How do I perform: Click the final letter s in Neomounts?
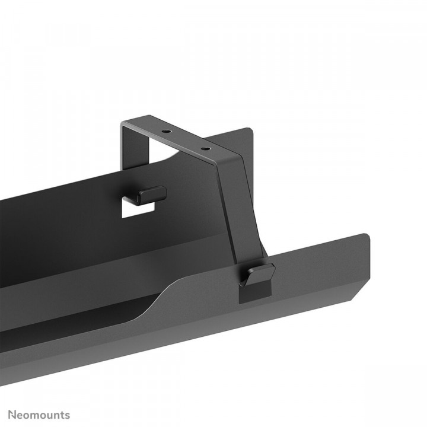click(x=67, y=415)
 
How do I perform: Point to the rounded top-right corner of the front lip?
click(x=365, y=237)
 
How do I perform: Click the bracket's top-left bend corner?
click(x=123, y=124)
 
